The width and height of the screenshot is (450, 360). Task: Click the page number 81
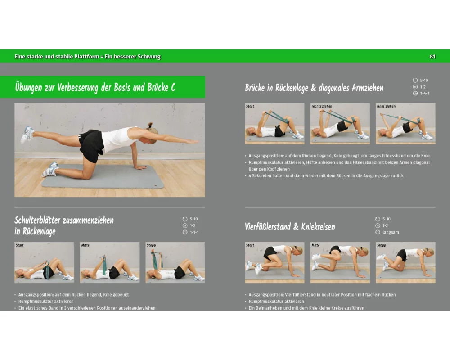[432, 57]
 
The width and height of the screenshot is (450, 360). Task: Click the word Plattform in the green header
[87, 57]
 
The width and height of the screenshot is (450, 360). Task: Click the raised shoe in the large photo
[27, 135]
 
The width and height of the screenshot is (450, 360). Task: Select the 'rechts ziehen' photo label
[322, 106]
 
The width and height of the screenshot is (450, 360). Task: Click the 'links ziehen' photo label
[386, 106]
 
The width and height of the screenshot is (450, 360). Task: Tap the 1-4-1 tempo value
[425, 93]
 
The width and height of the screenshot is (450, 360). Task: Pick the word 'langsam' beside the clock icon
[391, 232]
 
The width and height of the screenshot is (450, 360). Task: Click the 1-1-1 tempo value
[194, 232]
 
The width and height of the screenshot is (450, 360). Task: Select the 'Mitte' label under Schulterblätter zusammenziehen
[85, 245]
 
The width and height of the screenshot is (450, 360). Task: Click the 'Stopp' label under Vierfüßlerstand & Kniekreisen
[382, 245]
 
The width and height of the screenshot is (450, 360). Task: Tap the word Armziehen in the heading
[368, 88]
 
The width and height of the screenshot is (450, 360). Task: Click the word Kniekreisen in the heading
[318, 227]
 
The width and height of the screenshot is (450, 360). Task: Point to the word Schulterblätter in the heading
[37, 220]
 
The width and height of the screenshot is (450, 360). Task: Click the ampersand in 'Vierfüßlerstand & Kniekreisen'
[296, 227]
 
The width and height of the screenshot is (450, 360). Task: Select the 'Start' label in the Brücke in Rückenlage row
[250, 106]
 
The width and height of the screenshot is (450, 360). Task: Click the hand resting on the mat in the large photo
[139, 167]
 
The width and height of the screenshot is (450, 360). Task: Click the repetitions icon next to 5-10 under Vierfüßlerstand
[378, 219]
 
